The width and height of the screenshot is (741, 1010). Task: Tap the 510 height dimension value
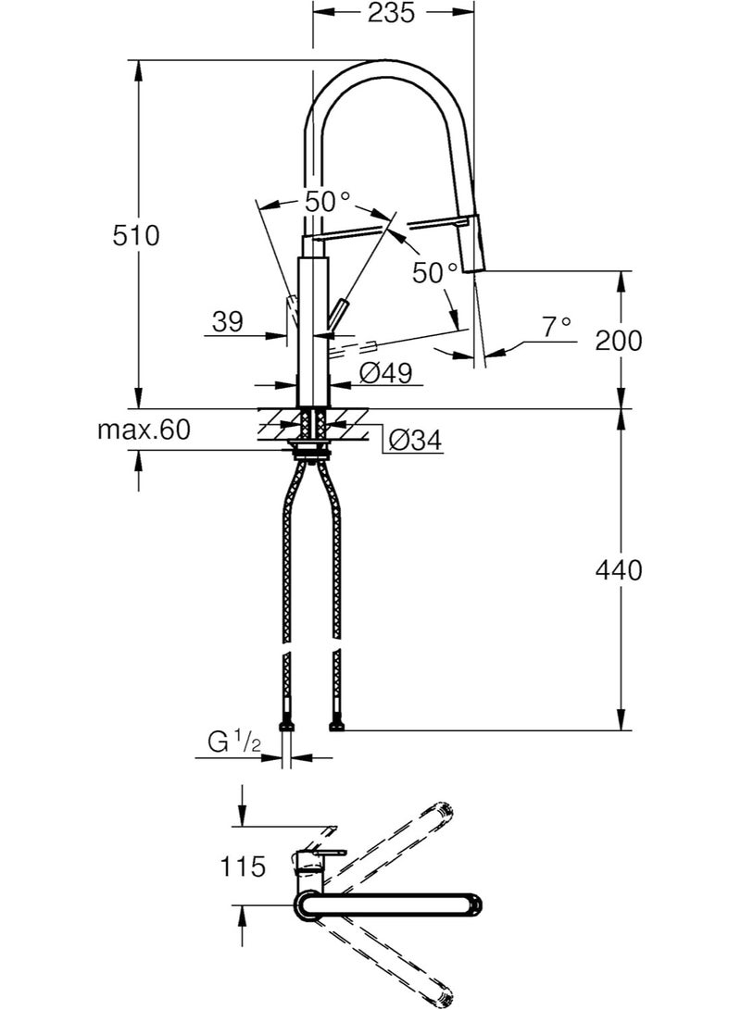pyautogui.click(x=136, y=235)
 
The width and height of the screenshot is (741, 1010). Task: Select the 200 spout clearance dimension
pyautogui.click(x=618, y=341)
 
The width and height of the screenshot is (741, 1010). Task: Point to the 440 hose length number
pyautogui.click(x=618, y=570)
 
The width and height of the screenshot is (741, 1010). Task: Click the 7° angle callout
pyautogui.click(x=556, y=327)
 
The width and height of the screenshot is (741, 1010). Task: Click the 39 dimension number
pyautogui.click(x=226, y=322)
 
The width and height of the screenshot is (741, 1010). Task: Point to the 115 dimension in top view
pyautogui.click(x=244, y=867)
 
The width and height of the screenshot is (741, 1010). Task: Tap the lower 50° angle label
pyautogui.click(x=435, y=272)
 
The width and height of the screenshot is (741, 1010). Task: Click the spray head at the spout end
pyautogui.click(x=473, y=242)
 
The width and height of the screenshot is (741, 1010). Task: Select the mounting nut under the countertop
pyautogui.click(x=310, y=452)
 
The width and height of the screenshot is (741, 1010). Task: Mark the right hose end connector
pyautogui.click(x=337, y=726)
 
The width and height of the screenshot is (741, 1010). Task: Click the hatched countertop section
pyautogui.click(x=278, y=425)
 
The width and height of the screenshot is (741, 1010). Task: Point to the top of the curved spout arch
pyautogui.click(x=389, y=64)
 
